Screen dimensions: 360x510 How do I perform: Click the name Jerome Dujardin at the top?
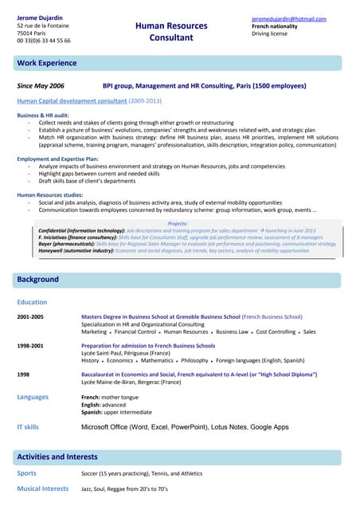click(40, 18)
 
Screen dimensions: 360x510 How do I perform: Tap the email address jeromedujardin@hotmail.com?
click(288, 18)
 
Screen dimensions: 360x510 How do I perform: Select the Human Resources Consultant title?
click(171, 32)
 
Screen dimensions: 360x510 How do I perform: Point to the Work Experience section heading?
click(47, 63)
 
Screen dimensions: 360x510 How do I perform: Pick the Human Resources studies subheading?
click(49, 194)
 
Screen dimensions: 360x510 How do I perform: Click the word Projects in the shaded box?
click(178, 224)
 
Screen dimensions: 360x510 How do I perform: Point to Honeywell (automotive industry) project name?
click(76, 250)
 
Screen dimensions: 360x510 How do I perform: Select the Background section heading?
click(38, 280)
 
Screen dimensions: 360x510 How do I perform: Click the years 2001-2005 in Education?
click(30, 316)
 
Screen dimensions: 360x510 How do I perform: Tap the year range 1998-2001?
click(30, 346)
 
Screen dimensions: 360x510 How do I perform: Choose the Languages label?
click(33, 397)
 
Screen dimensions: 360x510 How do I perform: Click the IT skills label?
click(28, 427)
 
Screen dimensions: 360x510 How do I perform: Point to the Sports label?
click(27, 473)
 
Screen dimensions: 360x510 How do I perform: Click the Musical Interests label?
click(43, 488)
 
